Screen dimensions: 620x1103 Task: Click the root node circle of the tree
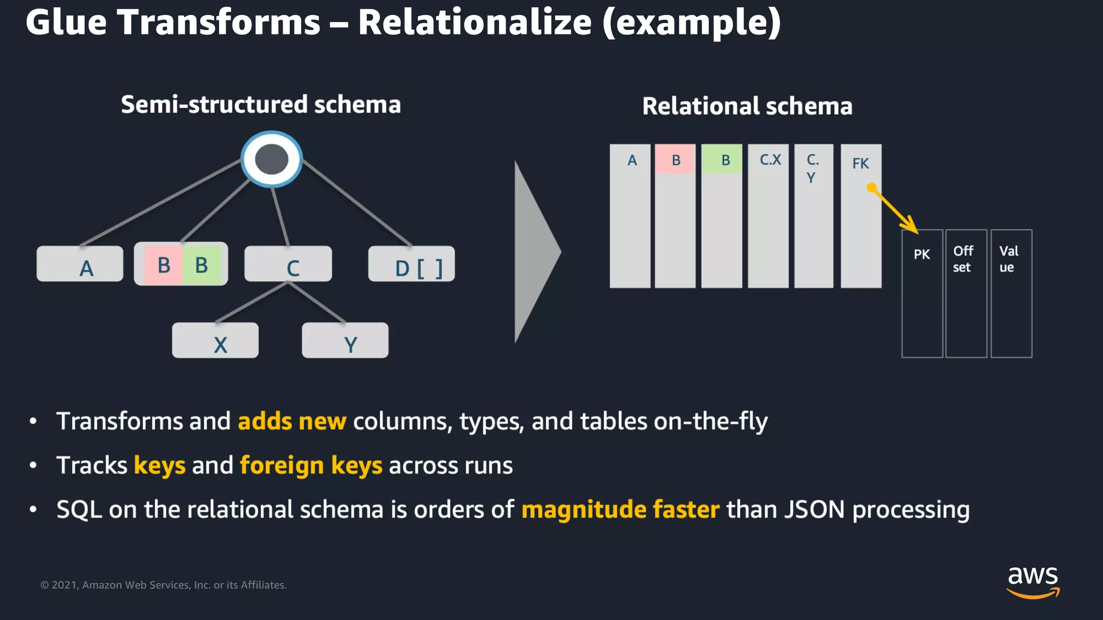click(271, 159)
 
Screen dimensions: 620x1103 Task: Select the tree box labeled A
click(80, 264)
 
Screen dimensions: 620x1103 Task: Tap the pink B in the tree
click(164, 265)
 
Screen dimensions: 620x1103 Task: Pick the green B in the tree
click(202, 265)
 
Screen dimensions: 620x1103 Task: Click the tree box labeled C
click(288, 264)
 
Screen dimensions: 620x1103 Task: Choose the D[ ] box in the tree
click(411, 264)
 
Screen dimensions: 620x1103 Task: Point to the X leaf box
click(215, 340)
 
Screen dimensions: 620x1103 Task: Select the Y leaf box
click(345, 340)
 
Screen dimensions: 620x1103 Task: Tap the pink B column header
click(675, 160)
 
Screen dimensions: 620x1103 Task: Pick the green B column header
click(722, 160)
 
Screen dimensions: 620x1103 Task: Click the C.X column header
click(770, 160)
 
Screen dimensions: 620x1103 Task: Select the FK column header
click(860, 163)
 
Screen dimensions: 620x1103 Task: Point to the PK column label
click(922, 254)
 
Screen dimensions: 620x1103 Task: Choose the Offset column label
click(963, 259)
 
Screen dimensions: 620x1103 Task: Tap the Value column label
click(1009, 259)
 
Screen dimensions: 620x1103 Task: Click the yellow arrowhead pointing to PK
click(911, 226)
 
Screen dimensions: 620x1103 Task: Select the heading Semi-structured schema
click(261, 104)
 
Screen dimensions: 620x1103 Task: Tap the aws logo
click(1033, 581)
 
